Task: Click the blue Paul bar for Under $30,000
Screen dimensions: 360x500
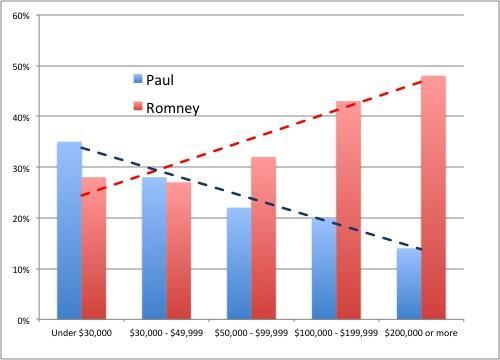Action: click(69, 230)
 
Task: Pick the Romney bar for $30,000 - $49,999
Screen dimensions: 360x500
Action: click(179, 251)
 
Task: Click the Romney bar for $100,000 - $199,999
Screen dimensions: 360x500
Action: click(348, 210)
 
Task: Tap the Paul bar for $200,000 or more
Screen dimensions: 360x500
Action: click(408, 284)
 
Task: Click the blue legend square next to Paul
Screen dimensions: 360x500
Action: click(138, 79)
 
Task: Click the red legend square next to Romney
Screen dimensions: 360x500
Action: click(138, 106)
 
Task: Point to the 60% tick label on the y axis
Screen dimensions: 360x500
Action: click(21, 16)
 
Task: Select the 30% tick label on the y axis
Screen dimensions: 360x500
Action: click(21, 168)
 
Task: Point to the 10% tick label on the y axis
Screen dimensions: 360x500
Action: click(21, 269)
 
